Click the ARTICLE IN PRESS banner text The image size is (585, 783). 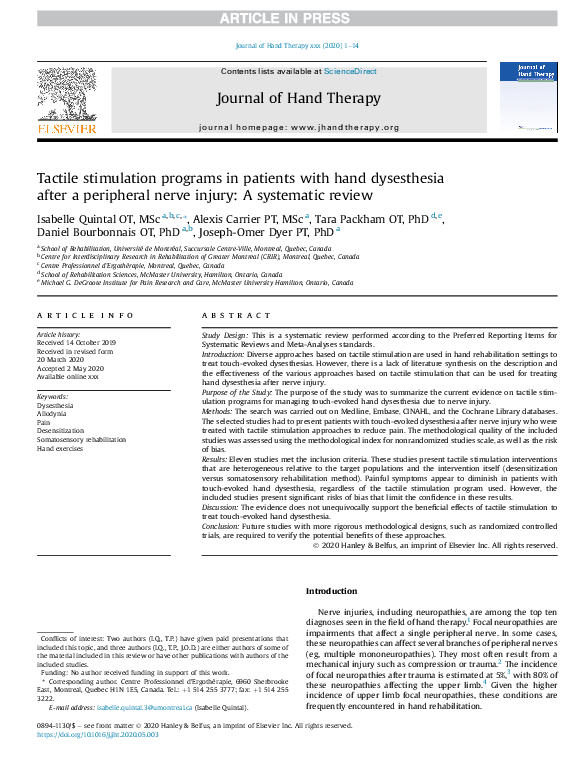tap(292, 17)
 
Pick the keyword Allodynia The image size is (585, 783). tap(54, 412)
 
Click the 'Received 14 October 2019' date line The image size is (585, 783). tap(76, 342)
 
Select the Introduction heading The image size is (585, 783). tap(331, 592)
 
